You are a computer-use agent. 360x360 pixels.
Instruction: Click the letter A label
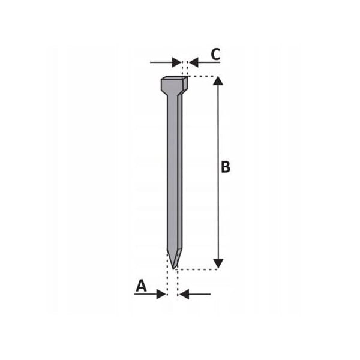[x=141, y=286]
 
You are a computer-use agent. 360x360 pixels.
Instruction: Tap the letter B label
[x=226, y=167]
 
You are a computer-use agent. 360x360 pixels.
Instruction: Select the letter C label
[x=215, y=55]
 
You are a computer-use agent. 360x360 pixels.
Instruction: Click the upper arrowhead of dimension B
[x=218, y=81]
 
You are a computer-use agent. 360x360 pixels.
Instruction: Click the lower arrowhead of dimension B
[x=218, y=263]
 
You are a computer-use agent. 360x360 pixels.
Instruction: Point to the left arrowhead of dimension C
[x=176, y=62]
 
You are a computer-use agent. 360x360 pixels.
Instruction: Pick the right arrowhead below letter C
[x=194, y=62]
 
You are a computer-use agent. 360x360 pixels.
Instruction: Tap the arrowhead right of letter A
[x=161, y=294]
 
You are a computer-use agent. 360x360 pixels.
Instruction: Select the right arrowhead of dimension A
[x=184, y=294]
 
